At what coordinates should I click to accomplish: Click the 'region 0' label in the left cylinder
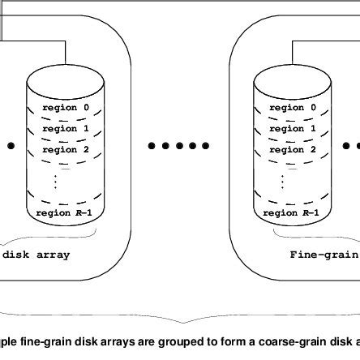click(x=60, y=108)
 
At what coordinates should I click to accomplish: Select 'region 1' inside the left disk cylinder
click(x=60, y=129)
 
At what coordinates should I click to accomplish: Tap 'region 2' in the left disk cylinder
click(x=60, y=150)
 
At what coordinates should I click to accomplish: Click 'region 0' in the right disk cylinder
click(x=287, y=108)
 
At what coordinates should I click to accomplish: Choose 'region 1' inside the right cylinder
click(x=287, y=129)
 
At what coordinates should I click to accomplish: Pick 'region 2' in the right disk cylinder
click(x=287, y=150)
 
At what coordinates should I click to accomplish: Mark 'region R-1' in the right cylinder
click(x=290, y=213)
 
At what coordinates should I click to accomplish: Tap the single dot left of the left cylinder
click(x=11, y=146)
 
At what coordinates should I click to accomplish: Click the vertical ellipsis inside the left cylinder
click(x=55, y=180)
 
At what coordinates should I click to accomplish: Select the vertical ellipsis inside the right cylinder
click(x=282, y=180)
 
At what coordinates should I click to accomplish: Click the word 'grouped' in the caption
click(x=176, y=340)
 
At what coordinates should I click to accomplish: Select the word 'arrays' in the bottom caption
click(x=116, y=340)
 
